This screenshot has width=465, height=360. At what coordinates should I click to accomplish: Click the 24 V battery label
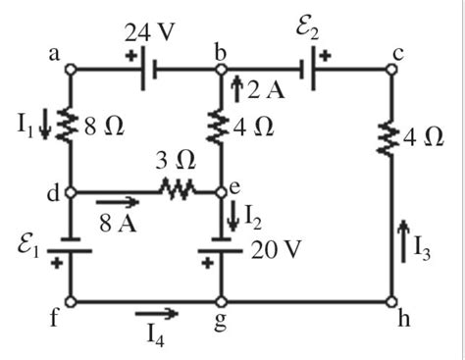[x=150, y=31]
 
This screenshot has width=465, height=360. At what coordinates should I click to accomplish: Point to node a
[x=71, y=70]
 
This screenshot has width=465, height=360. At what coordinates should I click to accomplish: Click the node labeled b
[x=222, y=70]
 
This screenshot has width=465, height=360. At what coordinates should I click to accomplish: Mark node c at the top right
[x=391, y=70]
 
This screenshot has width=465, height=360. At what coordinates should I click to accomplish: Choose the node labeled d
[x=71, y=192]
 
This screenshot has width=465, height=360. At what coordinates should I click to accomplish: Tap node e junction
[x=222, y=192]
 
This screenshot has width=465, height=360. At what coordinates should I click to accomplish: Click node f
[x=71, y=301]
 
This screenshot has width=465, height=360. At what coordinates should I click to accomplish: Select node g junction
[x=222, y=301]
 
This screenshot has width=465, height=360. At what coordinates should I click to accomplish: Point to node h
[x=391, y=301]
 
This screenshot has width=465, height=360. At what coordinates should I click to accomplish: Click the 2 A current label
[x=257, y=91]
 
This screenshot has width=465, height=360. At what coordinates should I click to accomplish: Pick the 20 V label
[x=275, y=249]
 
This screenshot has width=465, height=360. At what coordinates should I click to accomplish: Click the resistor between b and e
[x=222, y=128]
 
